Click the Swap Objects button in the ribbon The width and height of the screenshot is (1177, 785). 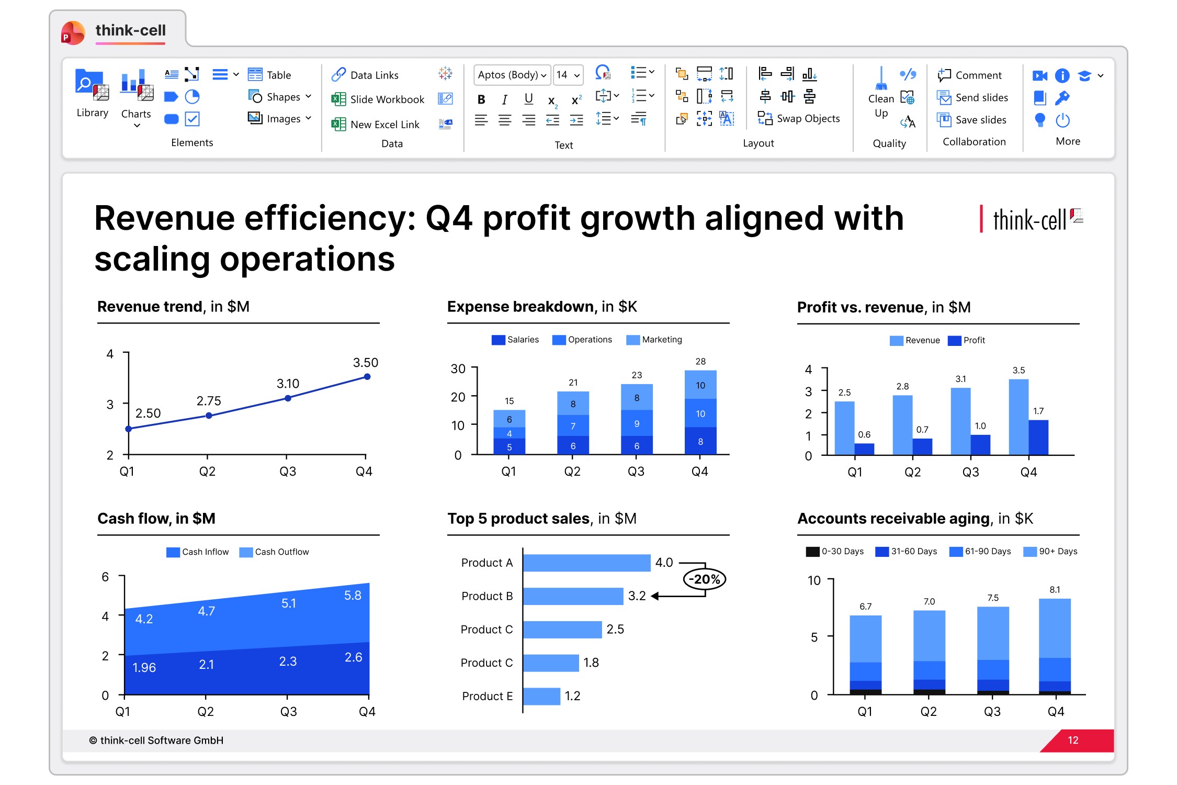[x=798, y=119]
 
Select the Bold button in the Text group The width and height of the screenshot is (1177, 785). [x=481, y=99]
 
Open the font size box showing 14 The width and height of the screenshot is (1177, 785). [x=568, y=75]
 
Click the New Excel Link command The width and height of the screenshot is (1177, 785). [x=375, y=125]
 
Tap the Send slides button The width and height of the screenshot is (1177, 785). [x=972, y=98]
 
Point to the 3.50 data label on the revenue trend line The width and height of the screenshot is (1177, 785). [x=366, y=363]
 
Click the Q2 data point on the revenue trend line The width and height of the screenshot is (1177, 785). [x=209, y=416]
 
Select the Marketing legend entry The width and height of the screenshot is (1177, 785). [x=654, y=340]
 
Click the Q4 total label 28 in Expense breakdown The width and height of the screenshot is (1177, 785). [x=700, y=362]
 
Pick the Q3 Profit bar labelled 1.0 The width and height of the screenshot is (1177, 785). [x=980, y=444]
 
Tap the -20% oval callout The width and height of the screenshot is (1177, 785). [x=705, y=579]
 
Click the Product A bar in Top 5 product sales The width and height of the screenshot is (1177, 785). [x=586, y=563]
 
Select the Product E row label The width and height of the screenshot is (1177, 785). [x=487, y=696]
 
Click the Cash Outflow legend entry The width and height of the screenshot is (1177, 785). [x=274, y=552]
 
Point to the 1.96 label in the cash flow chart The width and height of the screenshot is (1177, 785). [x=144, y=668]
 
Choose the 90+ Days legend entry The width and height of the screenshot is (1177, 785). [x=1050, y=552]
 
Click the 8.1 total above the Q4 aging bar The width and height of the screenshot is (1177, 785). [x=1055, y=590]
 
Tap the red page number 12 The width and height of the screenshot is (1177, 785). [x=1073, y=741]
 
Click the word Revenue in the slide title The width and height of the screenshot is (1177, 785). [x=164, y=218]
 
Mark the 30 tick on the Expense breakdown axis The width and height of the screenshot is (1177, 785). [x=458, y=369]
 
